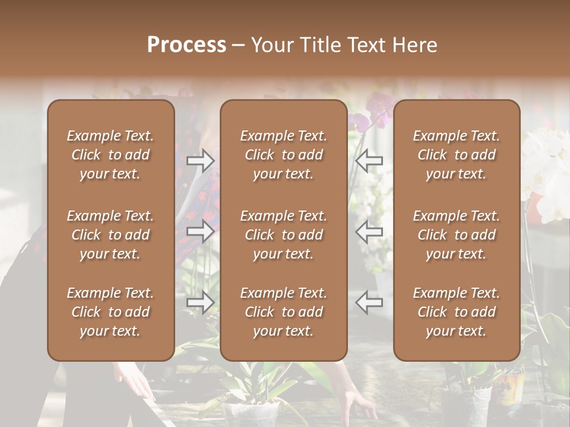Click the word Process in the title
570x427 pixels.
click(x=186, y=45)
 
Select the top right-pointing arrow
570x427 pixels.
click(x=201, y=160)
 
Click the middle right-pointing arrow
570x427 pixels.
click(x=201, y=232)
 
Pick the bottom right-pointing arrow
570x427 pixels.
click(x=201, y=302)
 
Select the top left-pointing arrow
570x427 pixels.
click(x=369, y=160)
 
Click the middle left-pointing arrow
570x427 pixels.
click(x=369, y=232)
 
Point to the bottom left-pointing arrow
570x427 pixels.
click(x=369, y=302)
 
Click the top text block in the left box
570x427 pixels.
click(x=110, y=155)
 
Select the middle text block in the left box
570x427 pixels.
click(x=110, y=235)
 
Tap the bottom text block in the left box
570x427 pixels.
click(x=110, y=312)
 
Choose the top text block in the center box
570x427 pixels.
click(x=283, y=155)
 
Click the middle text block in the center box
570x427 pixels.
click(x=283, y=235)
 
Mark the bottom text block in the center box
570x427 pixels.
click(x=283, y=312)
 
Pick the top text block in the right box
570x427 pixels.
click(x=456, y=155)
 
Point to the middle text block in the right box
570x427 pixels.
click(x=456, y=235)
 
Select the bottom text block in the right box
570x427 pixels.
click(x=456, y=312)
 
